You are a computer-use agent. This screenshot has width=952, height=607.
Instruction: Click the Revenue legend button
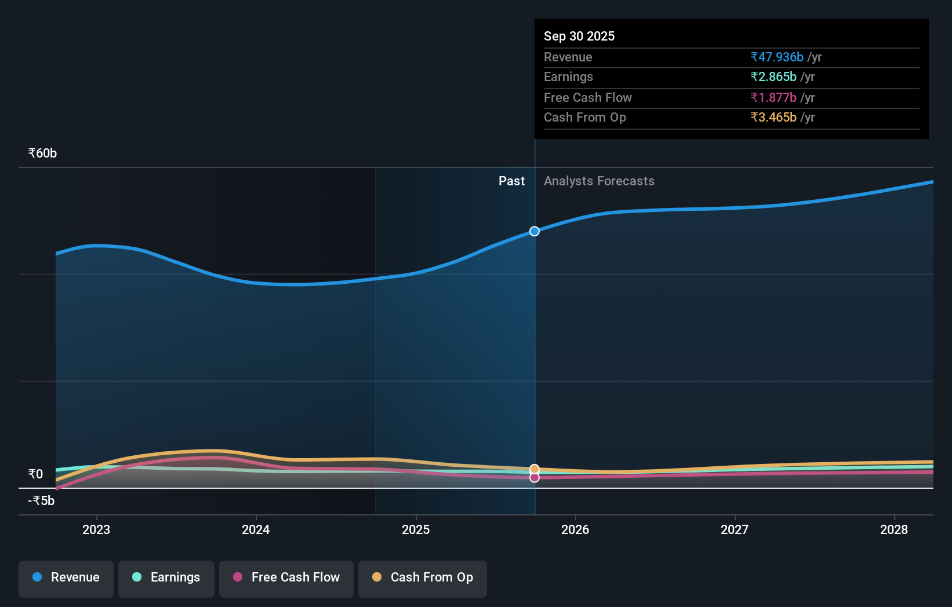(66, 577)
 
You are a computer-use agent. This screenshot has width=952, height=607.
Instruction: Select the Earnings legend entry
(166, 577)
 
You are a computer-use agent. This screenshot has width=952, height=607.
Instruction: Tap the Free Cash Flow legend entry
(286, 577)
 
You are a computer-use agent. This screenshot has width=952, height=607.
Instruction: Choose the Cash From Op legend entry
(423, 577)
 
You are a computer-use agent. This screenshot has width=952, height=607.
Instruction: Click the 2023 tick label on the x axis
(96, 529)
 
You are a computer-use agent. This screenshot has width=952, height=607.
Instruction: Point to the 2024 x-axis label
(256, 529)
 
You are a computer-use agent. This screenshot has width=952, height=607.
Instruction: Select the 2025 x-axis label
(416, 529)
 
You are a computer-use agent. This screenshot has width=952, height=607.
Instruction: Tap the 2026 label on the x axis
(575, 529)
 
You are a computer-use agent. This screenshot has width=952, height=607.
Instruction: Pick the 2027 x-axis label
(735, 529)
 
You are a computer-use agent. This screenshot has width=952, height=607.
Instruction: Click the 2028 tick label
(894, 529)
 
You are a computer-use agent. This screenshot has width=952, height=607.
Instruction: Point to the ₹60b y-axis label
(42, 153)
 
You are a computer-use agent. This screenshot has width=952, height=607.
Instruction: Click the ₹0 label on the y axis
(35, 474)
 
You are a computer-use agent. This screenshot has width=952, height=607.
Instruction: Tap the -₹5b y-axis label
(41, 501)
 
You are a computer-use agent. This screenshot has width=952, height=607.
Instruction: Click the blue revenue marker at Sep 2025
(535, 231)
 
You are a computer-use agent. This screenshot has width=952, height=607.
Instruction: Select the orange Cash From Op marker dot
(535, 469)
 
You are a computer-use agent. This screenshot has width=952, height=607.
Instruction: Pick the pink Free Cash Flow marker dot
(535, 478)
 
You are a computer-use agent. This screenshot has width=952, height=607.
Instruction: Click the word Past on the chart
(511, 181)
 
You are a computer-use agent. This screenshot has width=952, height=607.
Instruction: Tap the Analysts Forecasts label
(599, 181)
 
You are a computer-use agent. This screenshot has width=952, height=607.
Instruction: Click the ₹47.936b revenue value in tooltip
(777, 57)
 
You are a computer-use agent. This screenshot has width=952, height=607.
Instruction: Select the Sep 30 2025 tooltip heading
(579, 36)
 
